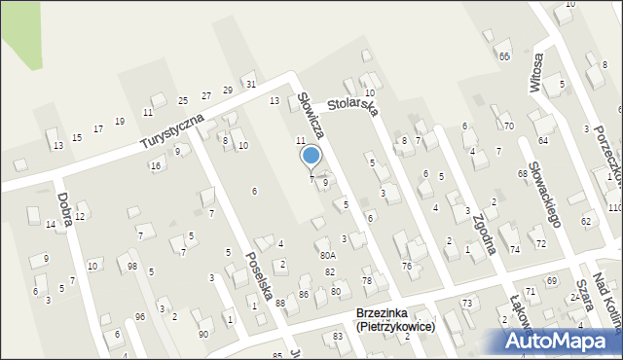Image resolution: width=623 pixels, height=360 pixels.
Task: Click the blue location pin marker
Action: pyautogui.click(x=311, y=156)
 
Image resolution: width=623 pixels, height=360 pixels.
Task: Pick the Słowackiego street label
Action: pyautogui.click(x=543, y=194)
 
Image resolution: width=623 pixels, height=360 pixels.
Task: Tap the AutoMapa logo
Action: pyautogui.click(x=561, y=341)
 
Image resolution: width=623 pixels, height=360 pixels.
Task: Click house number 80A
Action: pyautogui.click(x=328, y=256)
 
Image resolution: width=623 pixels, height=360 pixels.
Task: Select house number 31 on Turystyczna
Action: pyautogui.click(x=251, y=85)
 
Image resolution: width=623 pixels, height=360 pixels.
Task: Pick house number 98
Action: pyautogui.click(x=132, y=267)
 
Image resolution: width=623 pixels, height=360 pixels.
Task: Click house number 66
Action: pyautogui.click(x=504, y=56)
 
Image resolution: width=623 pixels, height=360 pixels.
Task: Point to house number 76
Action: pyautogui.click(x=407, y=266)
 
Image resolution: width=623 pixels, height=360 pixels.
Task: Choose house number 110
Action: pyautogui.click(x=614, y=208)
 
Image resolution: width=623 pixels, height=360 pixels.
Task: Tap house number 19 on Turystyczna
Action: pyautogui.click(x=120, y=122)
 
